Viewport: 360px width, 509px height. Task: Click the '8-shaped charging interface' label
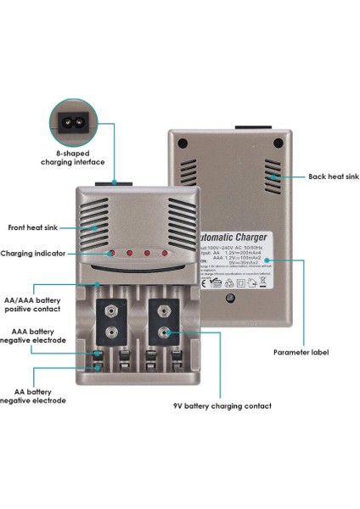tap(75, 157)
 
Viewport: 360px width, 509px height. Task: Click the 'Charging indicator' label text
tap(39, 253)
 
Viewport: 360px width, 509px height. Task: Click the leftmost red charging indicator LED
tap(111, 254)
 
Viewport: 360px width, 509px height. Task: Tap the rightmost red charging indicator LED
tap(166, 254)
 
